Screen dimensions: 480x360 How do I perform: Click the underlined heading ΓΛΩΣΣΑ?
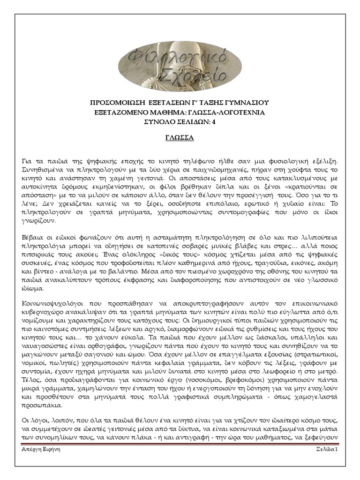click(x=180, y=139)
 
